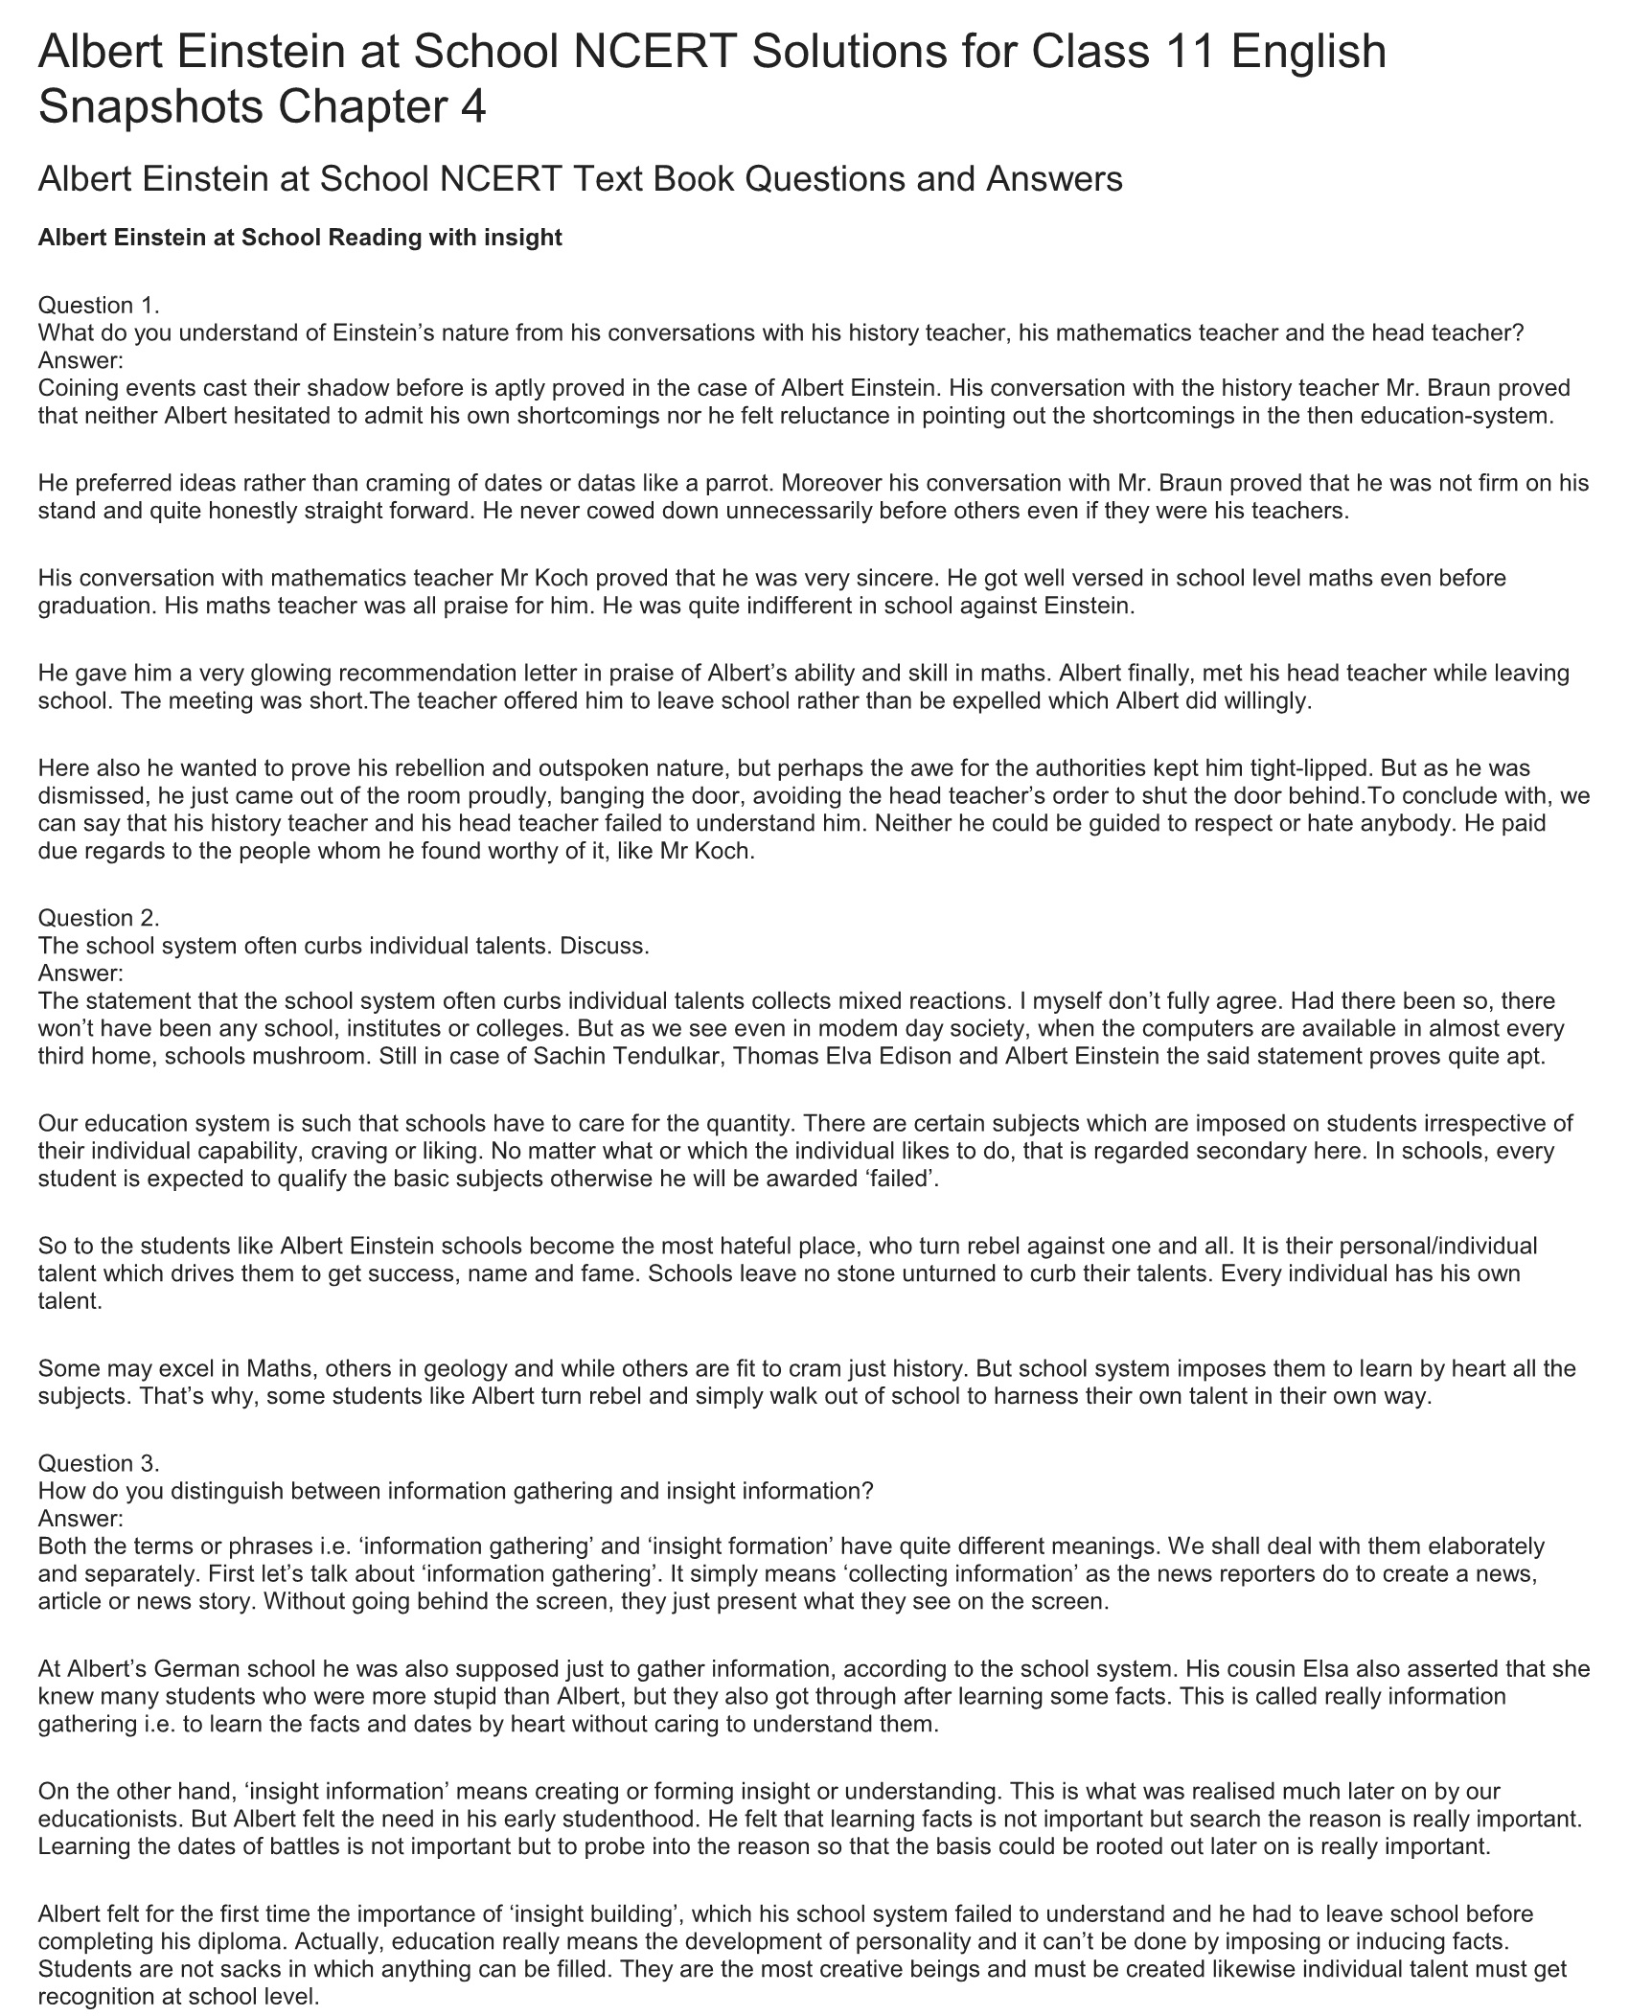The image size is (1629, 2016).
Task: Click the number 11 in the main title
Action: [x=1188, y=52]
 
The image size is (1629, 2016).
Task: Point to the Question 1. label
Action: [x=99, y=306]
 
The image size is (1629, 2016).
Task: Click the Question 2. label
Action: [x=99, y=918]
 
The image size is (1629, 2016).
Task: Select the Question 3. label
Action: [x=99, y=1463]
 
